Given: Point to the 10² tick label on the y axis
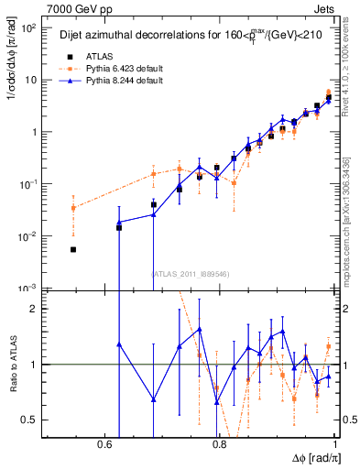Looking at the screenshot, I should (30, 27).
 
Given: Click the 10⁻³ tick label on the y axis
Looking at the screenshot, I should (30, 289).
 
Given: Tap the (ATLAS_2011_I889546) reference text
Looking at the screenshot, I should (191, 274).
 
